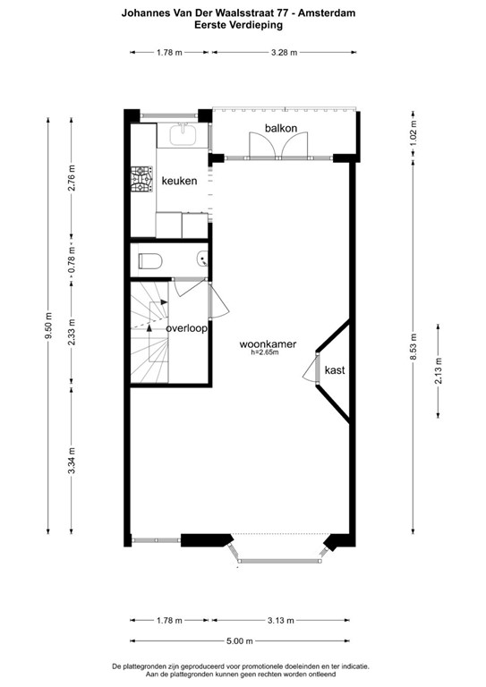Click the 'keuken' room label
179,181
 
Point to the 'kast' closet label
335,369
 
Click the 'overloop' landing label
186,328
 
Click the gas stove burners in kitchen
141,181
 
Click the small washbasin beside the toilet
203,260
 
